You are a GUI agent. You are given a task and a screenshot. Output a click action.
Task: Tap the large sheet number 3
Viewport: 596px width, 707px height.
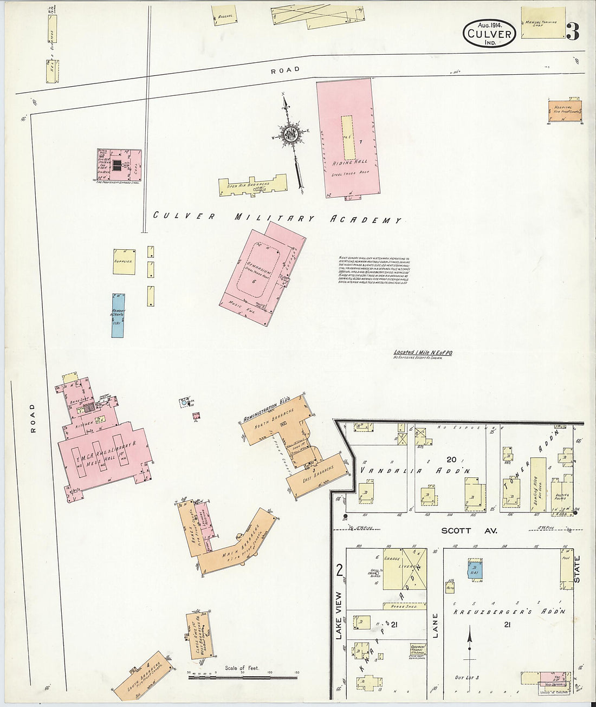572,33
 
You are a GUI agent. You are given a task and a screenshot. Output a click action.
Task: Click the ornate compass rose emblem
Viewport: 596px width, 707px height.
289,134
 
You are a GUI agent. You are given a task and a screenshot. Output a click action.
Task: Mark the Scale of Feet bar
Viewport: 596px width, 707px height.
242,676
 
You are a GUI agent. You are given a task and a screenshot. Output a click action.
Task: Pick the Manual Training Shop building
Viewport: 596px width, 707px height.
542,23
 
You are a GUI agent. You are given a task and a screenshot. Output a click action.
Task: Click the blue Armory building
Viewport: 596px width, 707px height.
118,315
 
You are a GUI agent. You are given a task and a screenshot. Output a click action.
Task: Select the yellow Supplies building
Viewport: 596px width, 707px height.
124,262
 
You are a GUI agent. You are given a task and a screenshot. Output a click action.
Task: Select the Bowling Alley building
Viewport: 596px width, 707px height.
538,484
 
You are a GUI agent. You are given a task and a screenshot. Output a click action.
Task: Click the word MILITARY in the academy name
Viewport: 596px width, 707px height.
274,218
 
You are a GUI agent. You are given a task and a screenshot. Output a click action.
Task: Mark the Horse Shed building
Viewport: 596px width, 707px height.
404,606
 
